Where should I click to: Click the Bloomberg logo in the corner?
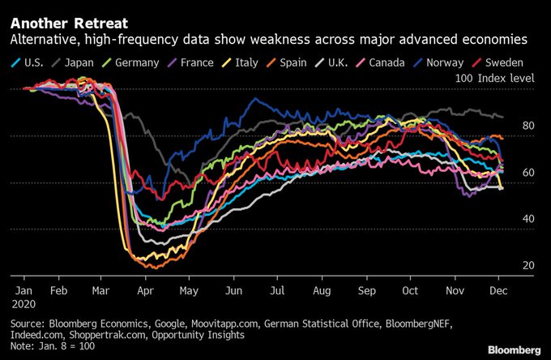tap(514, 349)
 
